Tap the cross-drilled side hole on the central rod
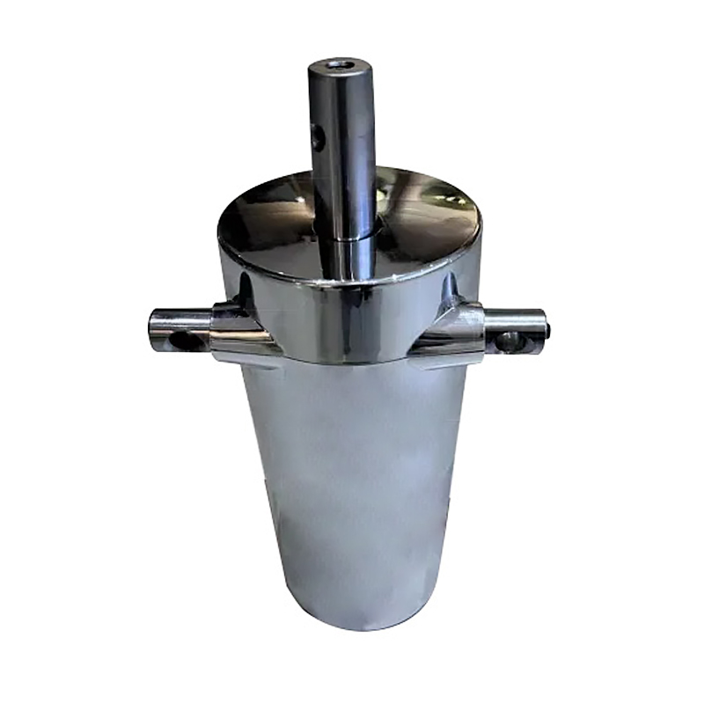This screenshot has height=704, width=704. point(318,135)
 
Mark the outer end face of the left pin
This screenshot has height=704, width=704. point(152,329)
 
